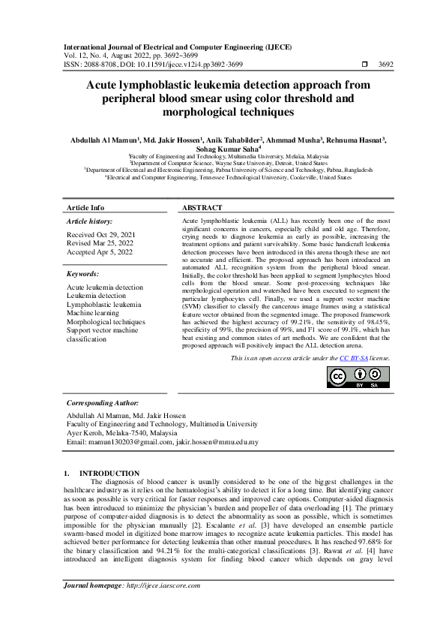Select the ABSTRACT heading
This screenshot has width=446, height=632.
202,207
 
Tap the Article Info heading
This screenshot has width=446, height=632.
85,207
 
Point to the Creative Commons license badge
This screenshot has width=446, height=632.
358,379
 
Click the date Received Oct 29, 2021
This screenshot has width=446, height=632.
101,235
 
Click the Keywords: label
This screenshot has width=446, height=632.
82,275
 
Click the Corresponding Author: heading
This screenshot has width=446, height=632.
104,402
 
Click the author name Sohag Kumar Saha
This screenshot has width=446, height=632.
223,149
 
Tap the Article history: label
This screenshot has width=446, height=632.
89,221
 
